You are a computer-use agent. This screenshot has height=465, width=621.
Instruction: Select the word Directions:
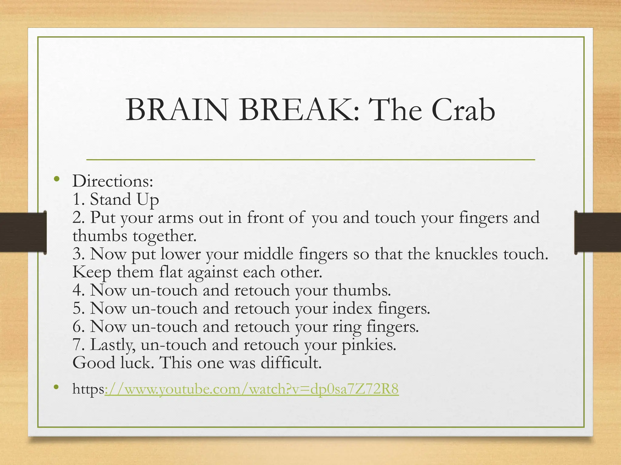click(x=113, y=181)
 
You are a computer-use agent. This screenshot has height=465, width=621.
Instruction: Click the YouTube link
click(x=251, y=389)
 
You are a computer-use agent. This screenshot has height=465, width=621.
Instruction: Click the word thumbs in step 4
click(x=361, y=290)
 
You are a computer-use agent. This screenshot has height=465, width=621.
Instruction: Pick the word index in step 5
click(x=352, y=308)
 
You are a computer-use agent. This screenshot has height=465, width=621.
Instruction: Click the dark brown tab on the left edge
click(x=23, y=232)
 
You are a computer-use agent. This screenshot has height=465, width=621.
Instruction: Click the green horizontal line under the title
click(x=310, y=159)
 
